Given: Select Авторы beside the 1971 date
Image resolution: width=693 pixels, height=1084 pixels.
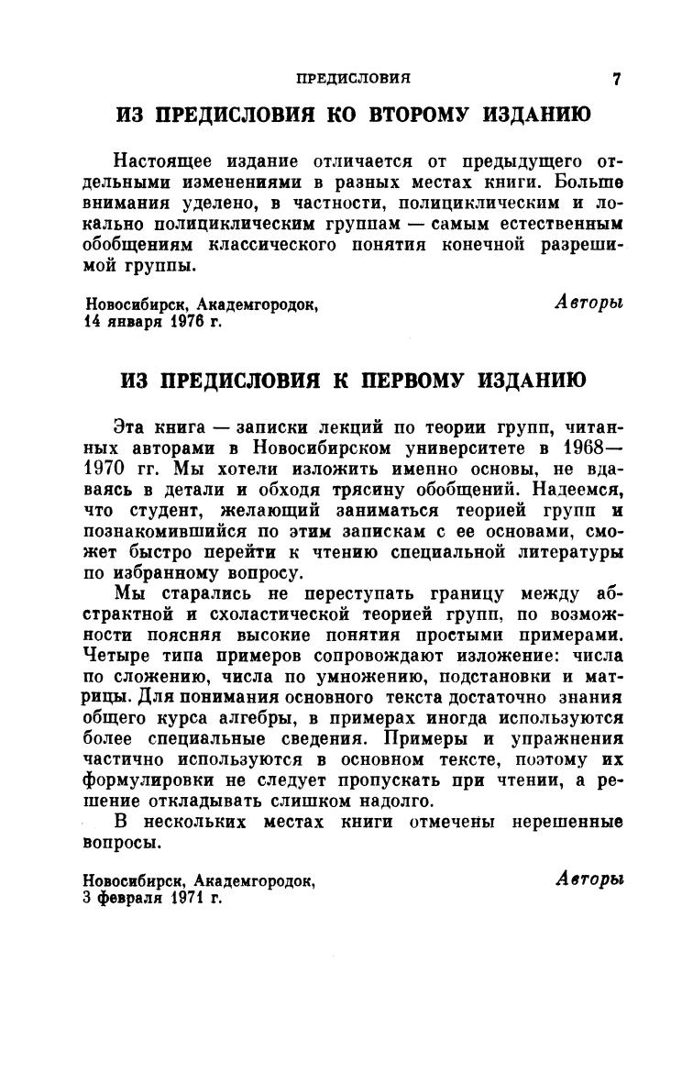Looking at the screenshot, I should [589, 878].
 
